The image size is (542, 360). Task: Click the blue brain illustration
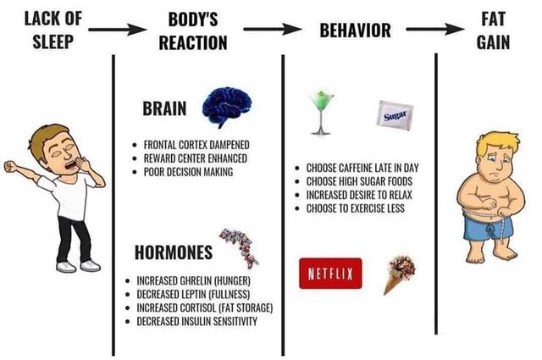226,106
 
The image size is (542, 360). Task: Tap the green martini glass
321,113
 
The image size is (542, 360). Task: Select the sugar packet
395,115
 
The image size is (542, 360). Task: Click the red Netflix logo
330,274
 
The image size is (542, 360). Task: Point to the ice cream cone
398,274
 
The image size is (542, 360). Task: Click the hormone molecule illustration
240,247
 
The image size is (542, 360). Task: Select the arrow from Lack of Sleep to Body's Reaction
118,30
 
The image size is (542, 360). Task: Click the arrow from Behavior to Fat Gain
434,30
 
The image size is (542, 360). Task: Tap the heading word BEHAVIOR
356,30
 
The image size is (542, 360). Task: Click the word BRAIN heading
164,108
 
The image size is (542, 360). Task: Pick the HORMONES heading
174,252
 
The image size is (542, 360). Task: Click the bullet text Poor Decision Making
188,172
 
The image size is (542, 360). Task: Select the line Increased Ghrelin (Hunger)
194,280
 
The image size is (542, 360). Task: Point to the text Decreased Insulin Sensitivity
197,321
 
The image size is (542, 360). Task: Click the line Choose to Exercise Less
356,208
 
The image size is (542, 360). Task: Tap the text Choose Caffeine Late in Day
362,168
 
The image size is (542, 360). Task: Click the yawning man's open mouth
71,164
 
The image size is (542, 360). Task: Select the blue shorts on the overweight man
488,226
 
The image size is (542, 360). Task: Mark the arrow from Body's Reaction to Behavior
273,30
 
